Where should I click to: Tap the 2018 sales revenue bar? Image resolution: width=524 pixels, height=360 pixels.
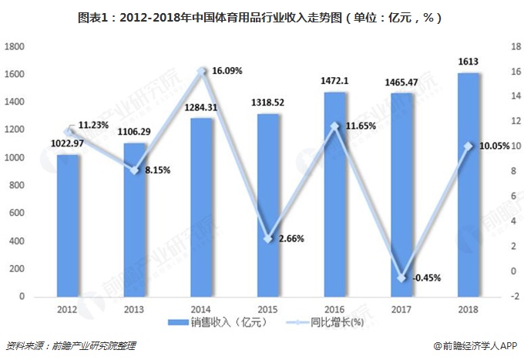click(469, 185)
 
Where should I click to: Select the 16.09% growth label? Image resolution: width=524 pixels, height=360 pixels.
click(227, 71)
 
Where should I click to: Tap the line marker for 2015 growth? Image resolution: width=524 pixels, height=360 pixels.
click(269, 239)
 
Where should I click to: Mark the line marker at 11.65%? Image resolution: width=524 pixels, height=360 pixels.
click(335, 126)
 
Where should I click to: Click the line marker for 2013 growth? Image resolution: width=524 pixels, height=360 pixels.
click(135, 170)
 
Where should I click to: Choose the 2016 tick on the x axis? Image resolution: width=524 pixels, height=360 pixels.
click(335, 308)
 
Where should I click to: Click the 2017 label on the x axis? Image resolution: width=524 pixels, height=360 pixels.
click(402, 308)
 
